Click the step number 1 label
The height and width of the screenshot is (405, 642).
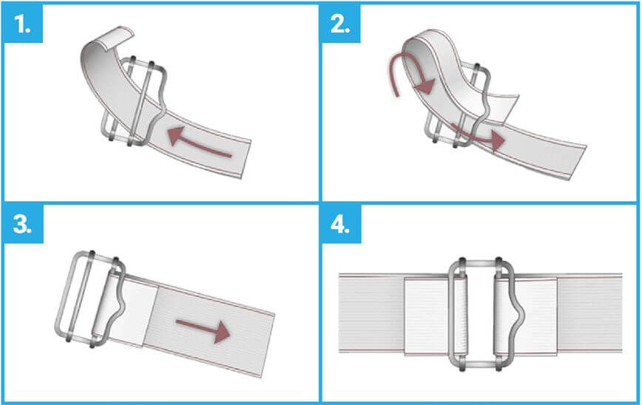(x=22, y=24)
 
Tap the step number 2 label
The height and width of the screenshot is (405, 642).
(x=340, y=24)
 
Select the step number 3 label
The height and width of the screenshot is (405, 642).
(x=22, y=224)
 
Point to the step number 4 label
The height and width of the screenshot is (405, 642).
(x=340, y=224)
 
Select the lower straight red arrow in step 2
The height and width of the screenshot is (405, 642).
(x=477, y=136)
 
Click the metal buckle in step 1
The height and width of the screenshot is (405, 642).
(x=133, y=101)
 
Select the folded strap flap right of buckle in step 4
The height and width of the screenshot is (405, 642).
(x=535, y=316)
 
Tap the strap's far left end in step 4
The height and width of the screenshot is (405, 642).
(x=339, y=313)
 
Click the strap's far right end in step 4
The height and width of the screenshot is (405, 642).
(x=621, y=313)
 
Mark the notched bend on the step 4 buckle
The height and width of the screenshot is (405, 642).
(x=519, y=314)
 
